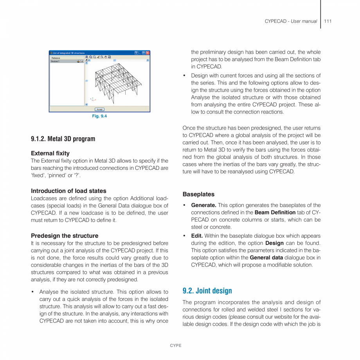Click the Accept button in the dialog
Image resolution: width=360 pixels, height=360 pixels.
99,109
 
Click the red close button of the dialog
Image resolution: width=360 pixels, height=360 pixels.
148,53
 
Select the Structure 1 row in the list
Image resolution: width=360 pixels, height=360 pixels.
63,61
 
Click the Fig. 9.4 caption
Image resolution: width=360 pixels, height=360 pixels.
99,116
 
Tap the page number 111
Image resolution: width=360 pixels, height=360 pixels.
328,21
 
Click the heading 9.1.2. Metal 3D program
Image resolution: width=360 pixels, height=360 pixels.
63,139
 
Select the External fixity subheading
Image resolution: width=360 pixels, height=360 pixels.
50,153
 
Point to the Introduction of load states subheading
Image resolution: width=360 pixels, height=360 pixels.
68,191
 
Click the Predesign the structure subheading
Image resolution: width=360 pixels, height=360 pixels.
65,236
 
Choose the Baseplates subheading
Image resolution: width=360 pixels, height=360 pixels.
198,194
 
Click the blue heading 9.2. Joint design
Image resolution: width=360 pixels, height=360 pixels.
207,291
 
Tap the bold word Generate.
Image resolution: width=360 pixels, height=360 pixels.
203,205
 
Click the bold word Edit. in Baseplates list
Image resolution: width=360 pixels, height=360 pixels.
197,236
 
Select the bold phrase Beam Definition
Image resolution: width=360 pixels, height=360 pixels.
275,212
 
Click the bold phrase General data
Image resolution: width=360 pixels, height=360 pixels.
266,257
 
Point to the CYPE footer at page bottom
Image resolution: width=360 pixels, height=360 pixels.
176,346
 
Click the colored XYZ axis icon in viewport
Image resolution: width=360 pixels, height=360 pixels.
92,99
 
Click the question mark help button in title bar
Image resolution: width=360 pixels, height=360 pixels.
136,53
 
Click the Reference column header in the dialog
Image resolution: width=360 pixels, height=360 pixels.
56,58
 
